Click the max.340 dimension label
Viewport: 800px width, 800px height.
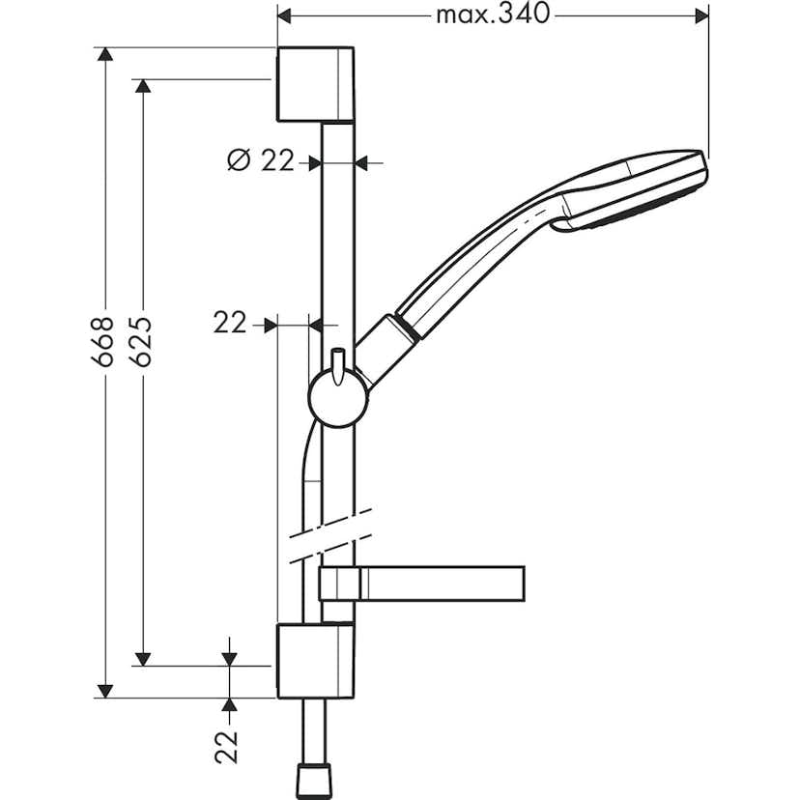492,14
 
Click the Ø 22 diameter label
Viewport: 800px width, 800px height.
260,161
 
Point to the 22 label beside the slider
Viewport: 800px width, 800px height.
231,324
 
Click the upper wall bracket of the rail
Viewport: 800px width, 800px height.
314,84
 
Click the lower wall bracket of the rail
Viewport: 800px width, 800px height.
314,661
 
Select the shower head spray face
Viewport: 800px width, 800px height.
638,218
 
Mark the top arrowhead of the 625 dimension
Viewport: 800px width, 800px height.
142,87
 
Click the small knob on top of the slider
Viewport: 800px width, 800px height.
338,363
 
